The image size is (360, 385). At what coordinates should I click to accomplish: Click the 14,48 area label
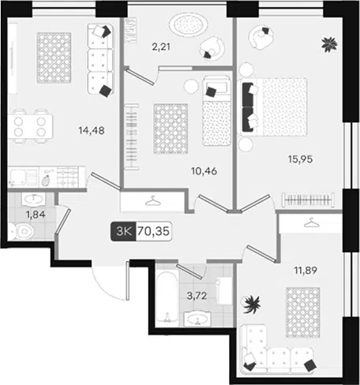point(92,130)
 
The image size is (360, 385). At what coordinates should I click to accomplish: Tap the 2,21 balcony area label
point(161,47)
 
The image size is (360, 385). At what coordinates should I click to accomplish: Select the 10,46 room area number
point(204,171)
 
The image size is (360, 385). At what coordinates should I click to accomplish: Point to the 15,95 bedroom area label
point(300,159)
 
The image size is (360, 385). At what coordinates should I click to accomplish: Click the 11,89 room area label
point(306,270)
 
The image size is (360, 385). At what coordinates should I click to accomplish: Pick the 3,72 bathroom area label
point(197,296)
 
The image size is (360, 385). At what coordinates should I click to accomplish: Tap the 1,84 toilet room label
point(36,215)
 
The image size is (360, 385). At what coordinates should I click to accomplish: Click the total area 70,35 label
point(154,231)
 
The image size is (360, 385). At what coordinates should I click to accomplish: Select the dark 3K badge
point(123,231)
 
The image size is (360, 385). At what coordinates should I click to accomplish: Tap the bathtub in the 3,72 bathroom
point(167,296)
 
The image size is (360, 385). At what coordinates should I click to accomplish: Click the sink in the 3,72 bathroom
point(197,319)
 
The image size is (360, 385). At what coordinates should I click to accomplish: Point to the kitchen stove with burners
point(68,177)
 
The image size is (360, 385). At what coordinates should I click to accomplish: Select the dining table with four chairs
point(30,126)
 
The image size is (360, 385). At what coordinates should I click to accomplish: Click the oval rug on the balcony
point(189,24)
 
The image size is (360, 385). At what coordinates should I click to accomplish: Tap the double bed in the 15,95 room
point(273,107)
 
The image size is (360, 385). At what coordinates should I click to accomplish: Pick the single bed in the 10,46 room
point(216,110)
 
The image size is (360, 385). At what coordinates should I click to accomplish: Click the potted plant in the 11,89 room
point(251,305)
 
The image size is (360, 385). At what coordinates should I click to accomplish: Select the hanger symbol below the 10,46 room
point(153,201)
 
